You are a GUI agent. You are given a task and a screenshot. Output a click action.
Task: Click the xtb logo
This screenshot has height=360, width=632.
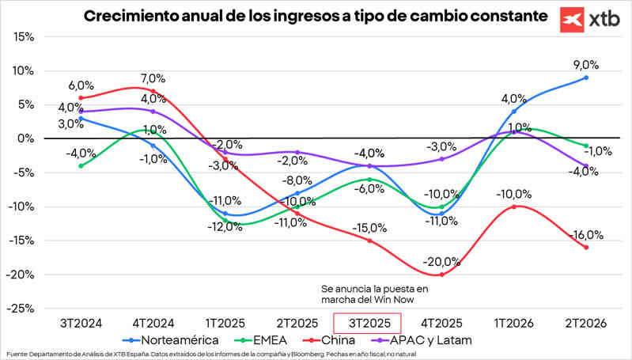click(592, 19)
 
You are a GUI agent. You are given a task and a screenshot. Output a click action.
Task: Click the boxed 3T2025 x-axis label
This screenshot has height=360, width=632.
click(367, 323)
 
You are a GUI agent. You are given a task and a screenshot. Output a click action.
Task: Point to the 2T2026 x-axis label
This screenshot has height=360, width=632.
click(585, 323)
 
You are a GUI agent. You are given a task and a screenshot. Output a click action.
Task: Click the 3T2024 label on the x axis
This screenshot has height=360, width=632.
click(81, 323)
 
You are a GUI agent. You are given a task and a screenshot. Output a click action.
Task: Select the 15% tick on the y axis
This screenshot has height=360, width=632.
click(23, 36)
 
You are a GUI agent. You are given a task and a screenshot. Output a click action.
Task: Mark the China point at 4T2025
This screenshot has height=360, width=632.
click(441, 275)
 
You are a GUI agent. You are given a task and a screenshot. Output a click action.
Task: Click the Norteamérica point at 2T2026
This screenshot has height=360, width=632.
click(585, 78)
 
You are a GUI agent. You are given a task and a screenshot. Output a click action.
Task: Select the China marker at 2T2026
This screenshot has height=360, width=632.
click(585, 248)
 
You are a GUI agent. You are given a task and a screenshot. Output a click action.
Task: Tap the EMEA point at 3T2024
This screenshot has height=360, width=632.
click(81, 166)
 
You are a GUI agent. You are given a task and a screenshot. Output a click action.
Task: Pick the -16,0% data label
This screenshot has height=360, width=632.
click(585, 235)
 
